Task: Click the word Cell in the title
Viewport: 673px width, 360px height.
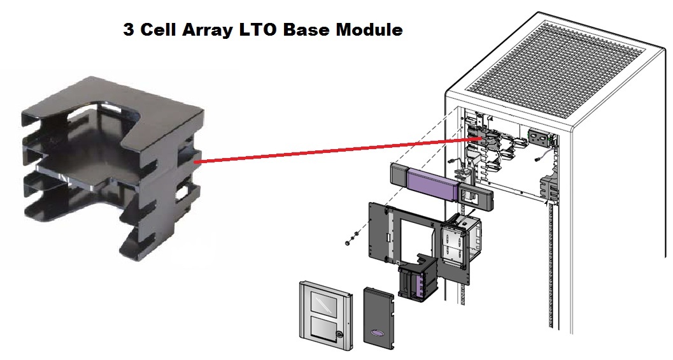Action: (x=160, y=30)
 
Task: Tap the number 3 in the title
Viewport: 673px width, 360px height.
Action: (x=129, y=30)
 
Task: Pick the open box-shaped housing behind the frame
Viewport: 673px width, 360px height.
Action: (x=458, y=239)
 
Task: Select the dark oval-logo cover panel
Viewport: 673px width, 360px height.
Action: (x=379, y=318)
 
